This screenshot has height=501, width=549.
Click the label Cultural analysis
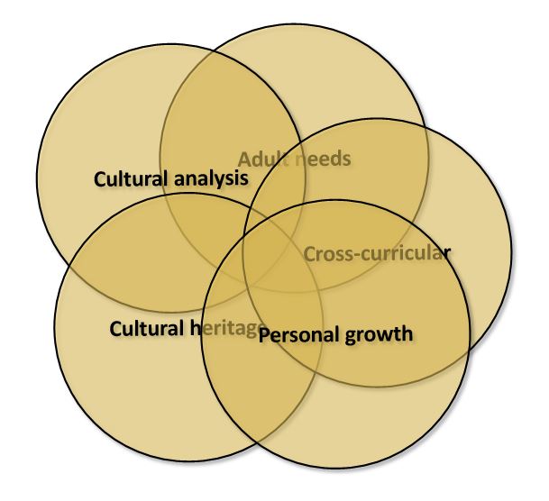pyautogui.click(x=171, y=178)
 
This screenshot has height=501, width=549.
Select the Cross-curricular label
pyautogui.click(x=375, y=253)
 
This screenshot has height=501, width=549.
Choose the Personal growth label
pyautogui.click(x=335, y=335)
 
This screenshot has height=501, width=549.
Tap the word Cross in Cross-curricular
pyautogui.click(x=326, y=253)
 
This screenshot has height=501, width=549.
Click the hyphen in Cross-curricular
pyautogui.click(x=352, y=255)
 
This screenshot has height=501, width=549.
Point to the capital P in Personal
pyautogui.click(x=265, y=335)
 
